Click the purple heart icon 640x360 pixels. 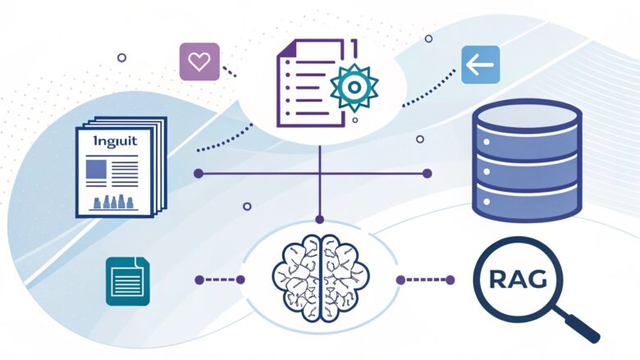[199, 62]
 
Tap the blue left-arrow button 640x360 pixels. [480, 64]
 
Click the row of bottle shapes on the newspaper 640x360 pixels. [115, 201]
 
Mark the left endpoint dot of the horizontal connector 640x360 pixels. [198, 173]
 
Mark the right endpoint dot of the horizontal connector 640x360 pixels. [427, 173]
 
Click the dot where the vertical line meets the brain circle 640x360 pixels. [320, 219]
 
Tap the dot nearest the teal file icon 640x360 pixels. [199, 280]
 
